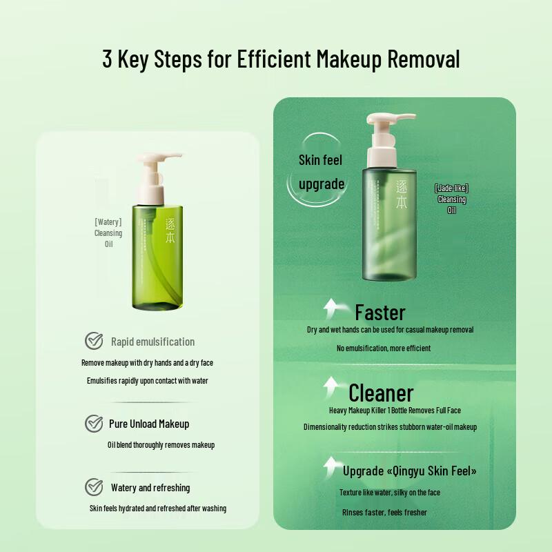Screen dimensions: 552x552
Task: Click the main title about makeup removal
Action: (x=281, y=59)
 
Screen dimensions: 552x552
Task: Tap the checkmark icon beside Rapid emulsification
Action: (x=94, y=341)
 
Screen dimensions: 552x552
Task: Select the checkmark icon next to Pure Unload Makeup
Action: (x=94, y=424)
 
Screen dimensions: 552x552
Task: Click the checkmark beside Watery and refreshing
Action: (x=94, y=487)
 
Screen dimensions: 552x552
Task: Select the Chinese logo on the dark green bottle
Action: (x=402, y=194)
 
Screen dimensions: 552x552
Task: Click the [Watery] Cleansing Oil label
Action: (x=108, y=233)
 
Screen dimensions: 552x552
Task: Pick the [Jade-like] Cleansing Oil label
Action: (x=452, y=199)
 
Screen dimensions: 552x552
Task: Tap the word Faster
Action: (x=380, y=313)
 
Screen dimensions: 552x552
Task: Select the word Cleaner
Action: (x=381, y=393)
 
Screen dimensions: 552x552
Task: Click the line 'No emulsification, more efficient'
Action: (x=384, y=348)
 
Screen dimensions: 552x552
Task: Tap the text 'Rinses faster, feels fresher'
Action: (x=384, y=513)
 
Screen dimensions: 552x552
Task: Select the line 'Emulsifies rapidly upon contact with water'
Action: (x=148, y=381)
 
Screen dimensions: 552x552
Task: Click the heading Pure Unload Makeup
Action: (x=149, y=424)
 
